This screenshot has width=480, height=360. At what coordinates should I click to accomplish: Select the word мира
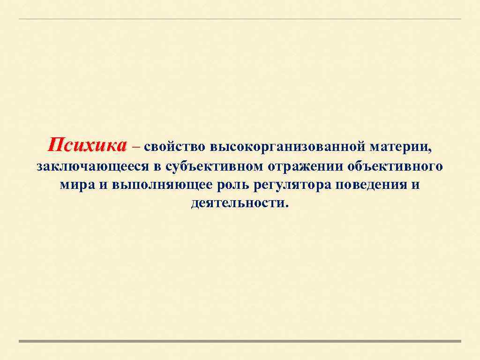78,185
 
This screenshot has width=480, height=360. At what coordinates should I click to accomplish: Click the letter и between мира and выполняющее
104,185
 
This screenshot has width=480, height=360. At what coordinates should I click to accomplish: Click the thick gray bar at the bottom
240,341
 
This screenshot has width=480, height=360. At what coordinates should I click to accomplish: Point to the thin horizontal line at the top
240,19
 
